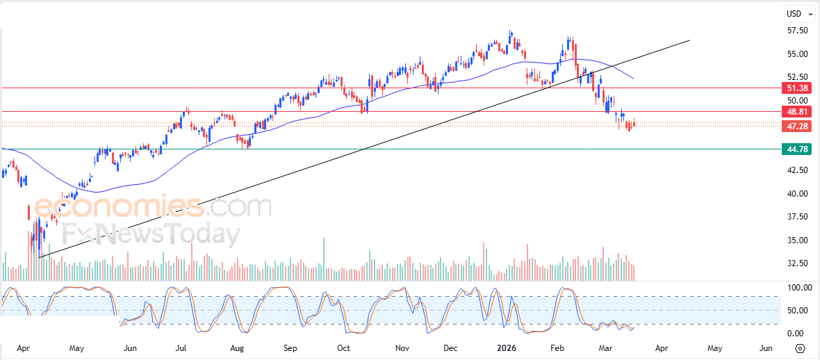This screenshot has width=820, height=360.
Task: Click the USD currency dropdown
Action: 797,13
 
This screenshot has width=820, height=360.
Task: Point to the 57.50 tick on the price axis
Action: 797,31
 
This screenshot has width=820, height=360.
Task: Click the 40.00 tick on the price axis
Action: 797,193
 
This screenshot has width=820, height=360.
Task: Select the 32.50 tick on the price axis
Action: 797,263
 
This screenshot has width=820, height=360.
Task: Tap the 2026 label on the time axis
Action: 506,347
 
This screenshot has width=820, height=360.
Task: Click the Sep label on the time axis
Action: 290,347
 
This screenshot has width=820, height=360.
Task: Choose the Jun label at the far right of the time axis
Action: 765,347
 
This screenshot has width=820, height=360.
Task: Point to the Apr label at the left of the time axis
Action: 23,347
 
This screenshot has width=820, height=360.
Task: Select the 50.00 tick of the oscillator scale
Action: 797,310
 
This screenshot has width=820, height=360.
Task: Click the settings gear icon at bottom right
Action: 800,348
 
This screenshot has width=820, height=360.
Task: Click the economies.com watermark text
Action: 153,207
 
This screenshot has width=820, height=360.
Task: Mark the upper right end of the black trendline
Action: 689,40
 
